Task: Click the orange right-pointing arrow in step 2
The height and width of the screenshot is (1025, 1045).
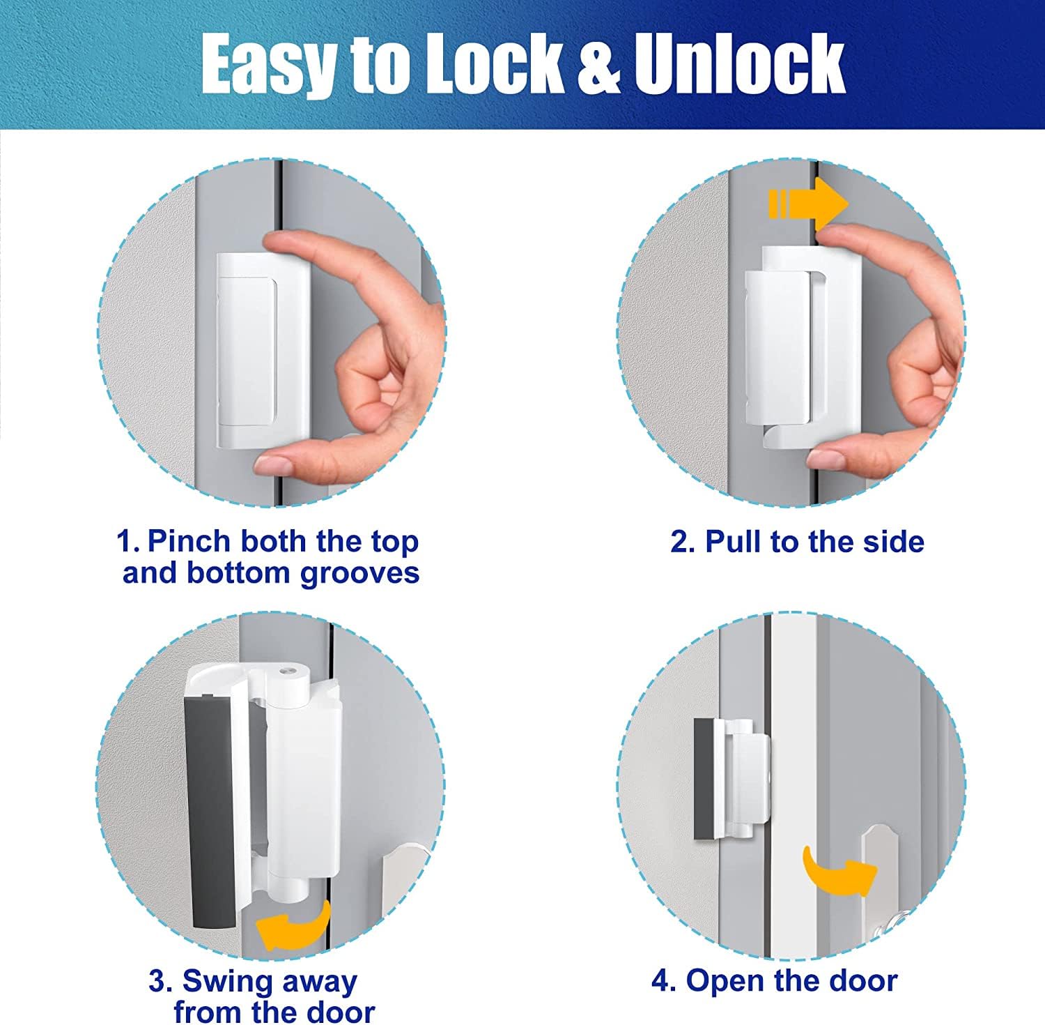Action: [x=808, y=204]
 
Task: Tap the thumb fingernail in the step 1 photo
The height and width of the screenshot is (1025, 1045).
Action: [x=276, y=463]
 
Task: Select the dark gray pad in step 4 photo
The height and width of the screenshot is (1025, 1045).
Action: [x=703, y=779]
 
